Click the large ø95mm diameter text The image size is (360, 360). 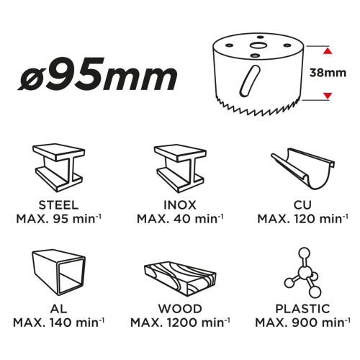pyautogui.click(x=97, y=73)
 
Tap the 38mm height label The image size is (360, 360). pyautogui.click(x=328, y=73)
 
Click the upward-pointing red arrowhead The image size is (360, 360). pyautogui.click(x=328, y=51)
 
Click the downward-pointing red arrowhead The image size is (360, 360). pyautogui.click(x=328, y=96)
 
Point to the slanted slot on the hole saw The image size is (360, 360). pyautogui.click(x=250, y=81)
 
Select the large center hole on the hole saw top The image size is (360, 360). pyautogui.click(x=258, y=45)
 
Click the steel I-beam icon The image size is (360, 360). pyautogui.click(x=58, y=168)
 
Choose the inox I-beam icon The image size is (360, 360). pyautogui.click(x=180, y=168)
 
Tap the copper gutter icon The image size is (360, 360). pyautogui.click(x=303, y=168)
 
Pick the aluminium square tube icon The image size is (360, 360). pyautogui.click(x=58, y=273)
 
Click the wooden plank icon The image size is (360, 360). pyautogui.click(x=180, y=279)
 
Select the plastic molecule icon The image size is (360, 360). pyautogui.click(x=303, y=272)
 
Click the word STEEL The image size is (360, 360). pyautogui.click(x=58, y=205)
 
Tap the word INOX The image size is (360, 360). pyautogui.click(x=180, y=205)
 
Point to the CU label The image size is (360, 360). pyautogui.click(x=302, y=205)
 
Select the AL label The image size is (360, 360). pyautogui.click(x=58, y=309)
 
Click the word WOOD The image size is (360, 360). pyautogui.click(x=180, y=309)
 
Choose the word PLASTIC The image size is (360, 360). pyautogui.click(x=302, y=309)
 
